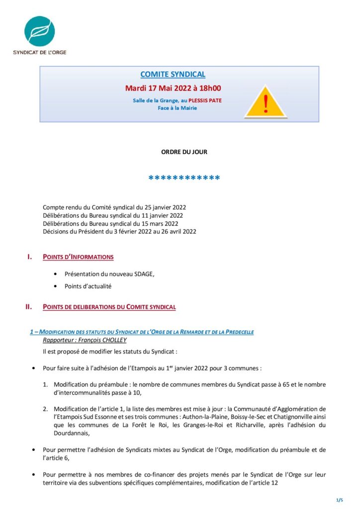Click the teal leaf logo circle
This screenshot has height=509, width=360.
[x=39, y=31]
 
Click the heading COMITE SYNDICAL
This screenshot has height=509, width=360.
[x=173, y=75]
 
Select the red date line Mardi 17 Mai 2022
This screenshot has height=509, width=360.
[x=173, y=88]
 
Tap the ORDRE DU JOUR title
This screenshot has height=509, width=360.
[x=184, y=152]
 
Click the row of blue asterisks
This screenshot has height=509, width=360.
[x=184, y=178]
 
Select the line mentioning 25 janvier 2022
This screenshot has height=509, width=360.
[x=114, y=207]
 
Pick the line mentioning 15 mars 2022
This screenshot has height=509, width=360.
[x=113, y=223]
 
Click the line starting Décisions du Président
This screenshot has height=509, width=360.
[x=119, y=231]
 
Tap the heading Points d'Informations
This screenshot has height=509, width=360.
[x=78, y=257]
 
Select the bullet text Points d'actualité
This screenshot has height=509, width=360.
[x=88, y=286]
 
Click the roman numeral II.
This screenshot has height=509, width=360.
[x=29, y=307]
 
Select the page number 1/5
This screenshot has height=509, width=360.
[x=340, y=499]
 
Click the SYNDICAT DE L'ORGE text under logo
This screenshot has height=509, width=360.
[x=40, y=52]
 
